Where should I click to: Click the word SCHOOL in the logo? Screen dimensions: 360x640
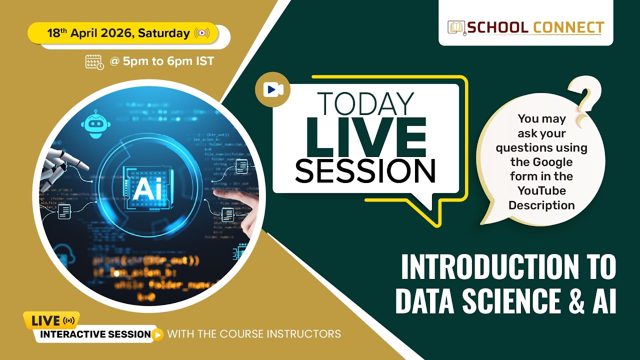pos(497,28)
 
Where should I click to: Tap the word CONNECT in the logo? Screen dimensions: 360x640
pos(568,28)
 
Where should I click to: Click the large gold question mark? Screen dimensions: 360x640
pos(585,102)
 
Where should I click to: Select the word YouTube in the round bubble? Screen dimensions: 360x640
pos(541,190)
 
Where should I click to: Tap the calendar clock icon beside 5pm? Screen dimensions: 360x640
pos(94,61)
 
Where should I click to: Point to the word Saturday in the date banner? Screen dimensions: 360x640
pos(164,33)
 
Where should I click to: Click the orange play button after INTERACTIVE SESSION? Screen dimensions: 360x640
pos(158,334)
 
